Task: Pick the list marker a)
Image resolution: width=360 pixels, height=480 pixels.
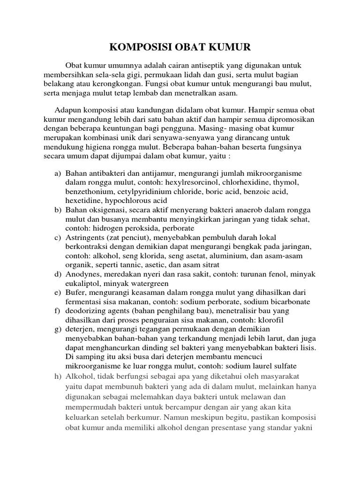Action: coord(58,173)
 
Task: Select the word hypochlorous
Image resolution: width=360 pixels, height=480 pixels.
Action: coord(126,200)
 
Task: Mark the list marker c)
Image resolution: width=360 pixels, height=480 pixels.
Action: coord(58,238)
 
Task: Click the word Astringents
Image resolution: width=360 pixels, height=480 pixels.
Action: coord(85,238)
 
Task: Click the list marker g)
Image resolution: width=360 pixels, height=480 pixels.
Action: coord(58,330)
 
